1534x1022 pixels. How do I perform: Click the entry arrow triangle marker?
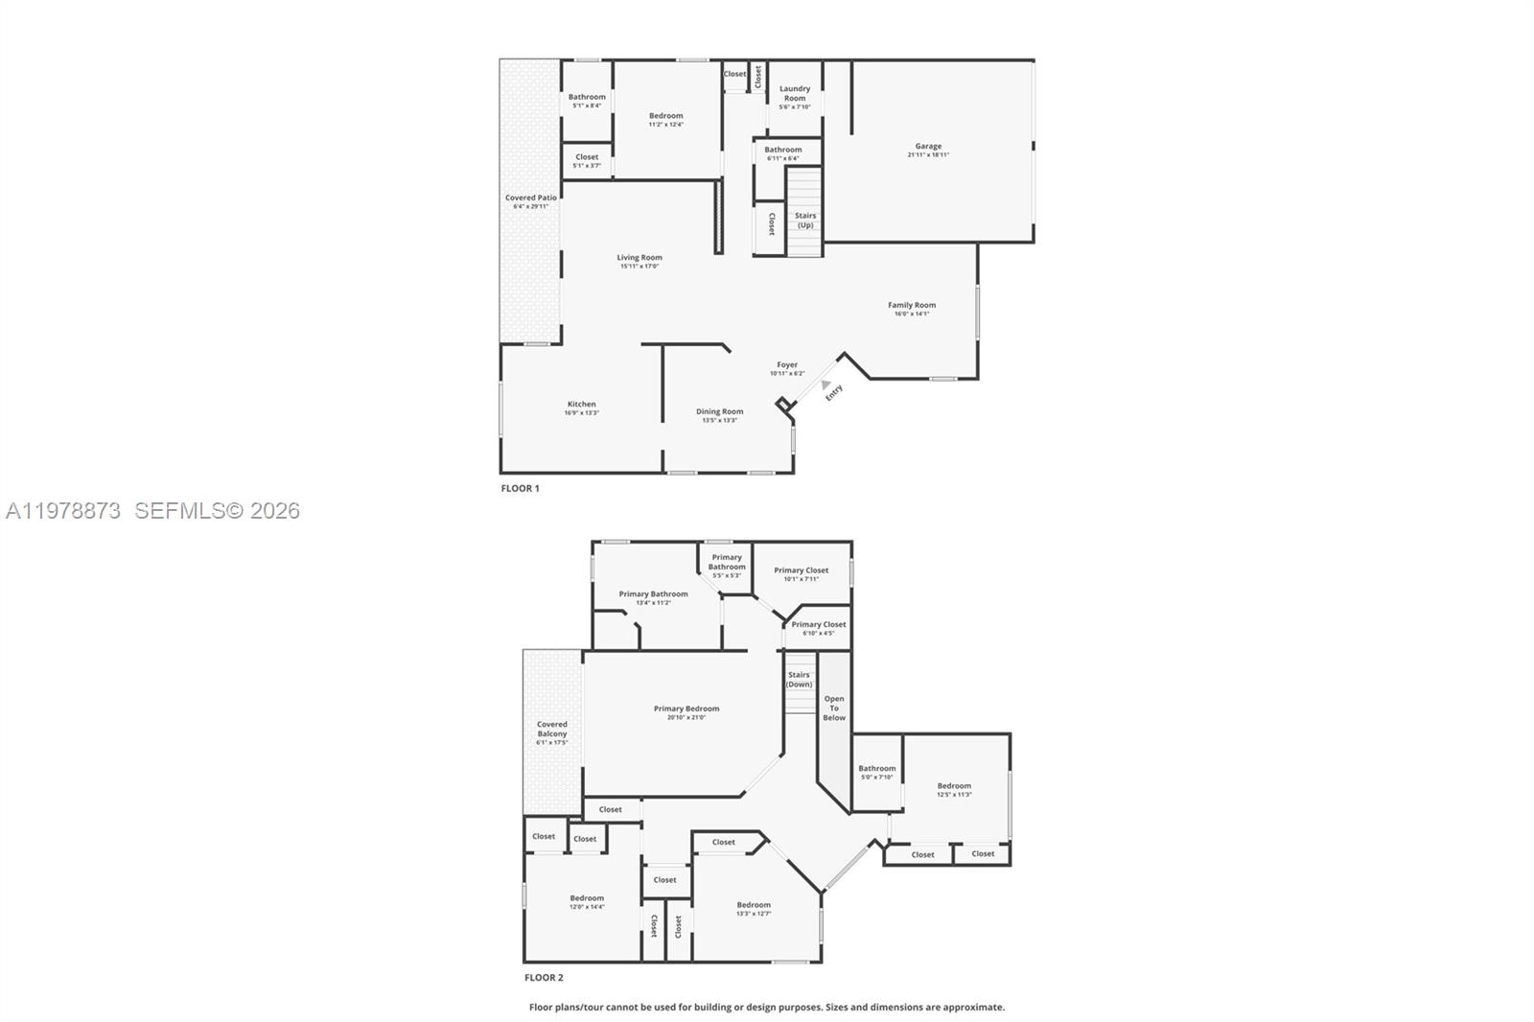(825, 383)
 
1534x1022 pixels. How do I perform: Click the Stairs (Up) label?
(805, 220)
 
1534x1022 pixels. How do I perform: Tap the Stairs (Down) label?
(799, 679)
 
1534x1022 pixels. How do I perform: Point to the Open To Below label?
(834, 708)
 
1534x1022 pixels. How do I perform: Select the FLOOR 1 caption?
(520, 488)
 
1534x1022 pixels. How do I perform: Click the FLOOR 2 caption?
(544, 977)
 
